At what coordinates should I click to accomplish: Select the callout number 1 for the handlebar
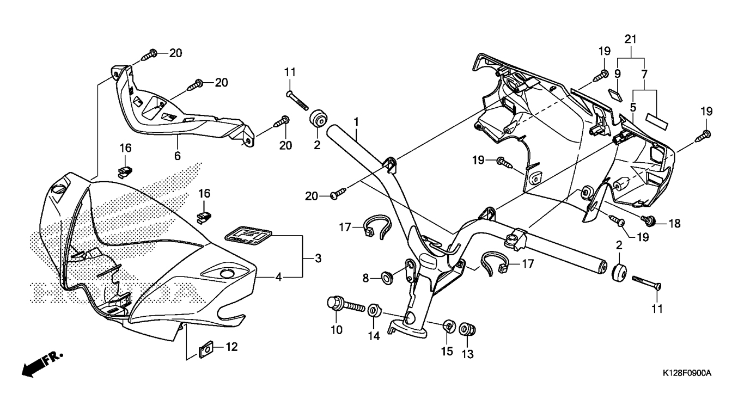[x=356, y=122]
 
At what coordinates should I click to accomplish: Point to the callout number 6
[x=177, y=155]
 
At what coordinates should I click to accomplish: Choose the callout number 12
[x=232, y=347]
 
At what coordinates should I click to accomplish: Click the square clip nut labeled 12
[x=206, y=349]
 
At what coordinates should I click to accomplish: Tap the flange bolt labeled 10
[x=346, y=304]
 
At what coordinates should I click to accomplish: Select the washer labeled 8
[x=386, y=278]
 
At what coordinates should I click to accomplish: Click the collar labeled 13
[x=467, y=330]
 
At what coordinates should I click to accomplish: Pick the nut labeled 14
[x=374, y=312]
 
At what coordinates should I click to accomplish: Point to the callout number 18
[x=674, y=224]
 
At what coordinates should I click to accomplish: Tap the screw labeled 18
[x=648, y=219]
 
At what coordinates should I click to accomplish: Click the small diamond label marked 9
[x=615, y=95]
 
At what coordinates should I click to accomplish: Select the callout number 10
[x=336, y=330]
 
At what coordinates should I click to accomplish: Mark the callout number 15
[x=447, y=351]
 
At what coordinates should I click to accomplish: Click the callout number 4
[x=278, y=277]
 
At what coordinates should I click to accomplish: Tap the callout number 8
[x=365, y=278]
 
